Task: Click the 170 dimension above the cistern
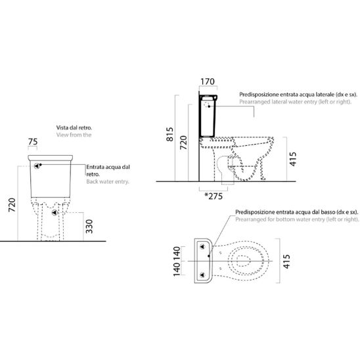[x=208, y=81]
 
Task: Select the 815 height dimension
[x=170, y=134]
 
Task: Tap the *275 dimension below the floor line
[x=214, y=196]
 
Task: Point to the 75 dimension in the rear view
[x=33, y=142]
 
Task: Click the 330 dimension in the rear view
[x=89, y=227]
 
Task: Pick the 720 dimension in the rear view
[x=12, y=205]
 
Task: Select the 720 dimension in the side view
[x=183, y=143]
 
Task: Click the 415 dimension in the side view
[x=293, y=159]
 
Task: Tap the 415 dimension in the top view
[x=287, y=261]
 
